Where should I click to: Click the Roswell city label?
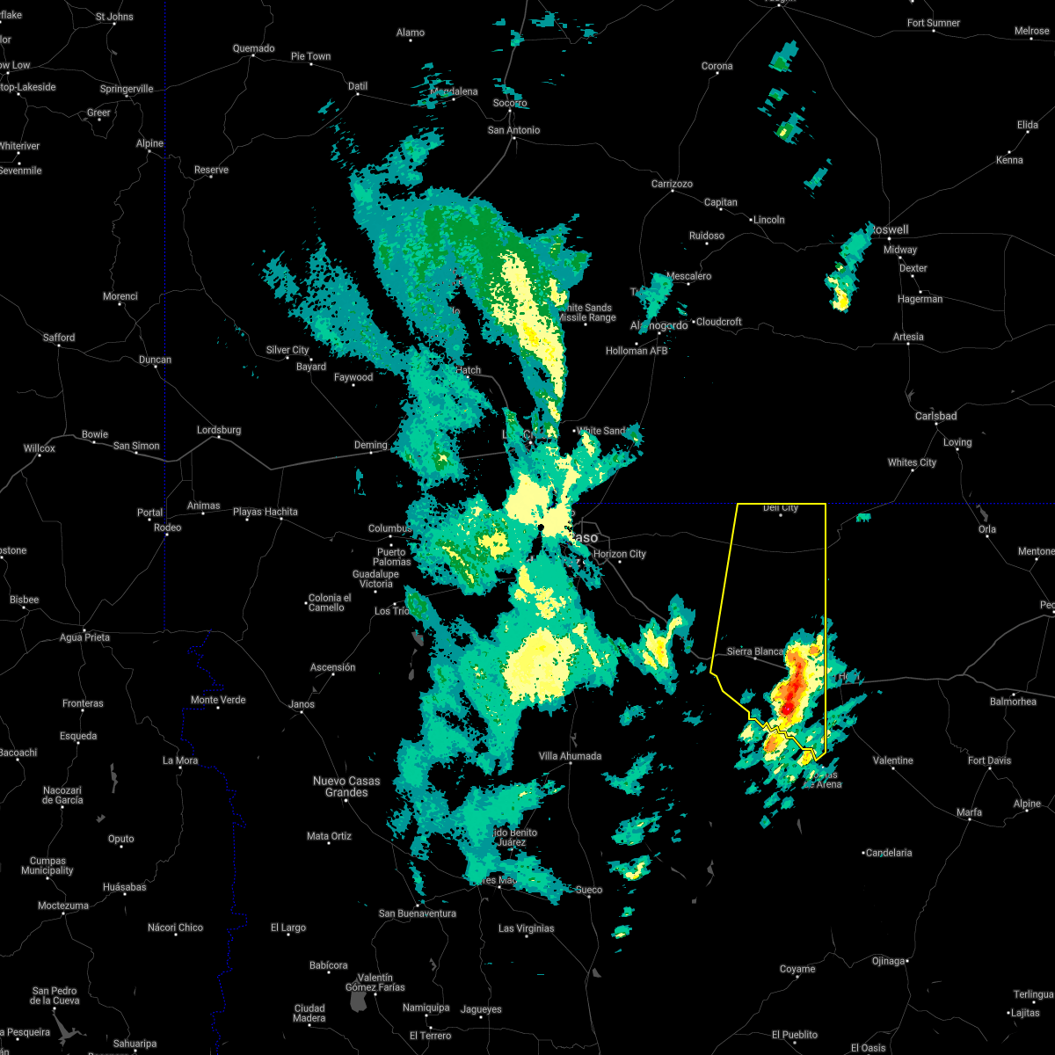pyautogui.click(x=889, y=229)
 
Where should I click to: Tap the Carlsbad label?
pyautogui.click(x=935, y=416)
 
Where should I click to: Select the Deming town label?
pyautogui.click(x=370, y=445)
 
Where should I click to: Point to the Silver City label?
pyautogui.click(x=287, y=350)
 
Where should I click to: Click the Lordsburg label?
pyautogui.click(x=218, y=430)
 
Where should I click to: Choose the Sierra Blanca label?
pyautogui.click(x=755, y=651)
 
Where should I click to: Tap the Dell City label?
pyautogui.click(x=780, y=507)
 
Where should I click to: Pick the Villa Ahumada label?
pyautogui.click(x=570, y=756)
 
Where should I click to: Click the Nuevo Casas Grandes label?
pyautogui.click(x=346, y=786)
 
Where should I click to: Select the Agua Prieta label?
pyautogui.click(x=84, y=637)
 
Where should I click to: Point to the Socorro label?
pyautogui.click(x=509, y=103)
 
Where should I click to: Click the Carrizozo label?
pyautogui.click(x=672, y=184)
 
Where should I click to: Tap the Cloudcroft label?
pyautogui.click(x=719, y=322)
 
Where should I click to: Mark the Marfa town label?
pyautogui.click(x=969, y=812)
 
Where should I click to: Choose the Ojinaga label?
pyautogui.click(x=888, y=961)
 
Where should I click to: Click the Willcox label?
pyautogui.click(x=39, y=448)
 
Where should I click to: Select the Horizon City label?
pyautogui.click(x=619, y=554)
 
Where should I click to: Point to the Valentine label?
pyautogui.click(x=892, y=760)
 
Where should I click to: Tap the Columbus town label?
pyautogui.click(x=389, y=528)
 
